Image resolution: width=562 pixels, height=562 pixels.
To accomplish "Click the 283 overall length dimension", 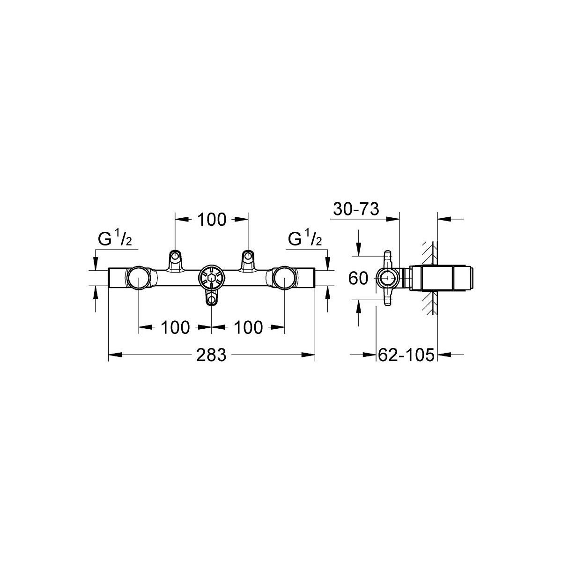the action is click(211, 355).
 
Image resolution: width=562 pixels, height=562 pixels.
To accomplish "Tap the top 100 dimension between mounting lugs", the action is click(212, 220).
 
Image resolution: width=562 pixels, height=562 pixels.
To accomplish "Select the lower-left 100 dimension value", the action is click(175, 327).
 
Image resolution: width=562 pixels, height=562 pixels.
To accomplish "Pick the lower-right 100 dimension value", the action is click(248, 327).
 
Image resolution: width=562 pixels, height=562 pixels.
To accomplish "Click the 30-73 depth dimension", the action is click(356, 209).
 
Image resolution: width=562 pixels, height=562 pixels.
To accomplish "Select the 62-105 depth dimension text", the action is click(406, 355).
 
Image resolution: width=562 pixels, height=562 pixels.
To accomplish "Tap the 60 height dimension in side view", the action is click(358, 278).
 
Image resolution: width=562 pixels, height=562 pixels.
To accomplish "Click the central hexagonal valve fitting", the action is click(211, 278).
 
